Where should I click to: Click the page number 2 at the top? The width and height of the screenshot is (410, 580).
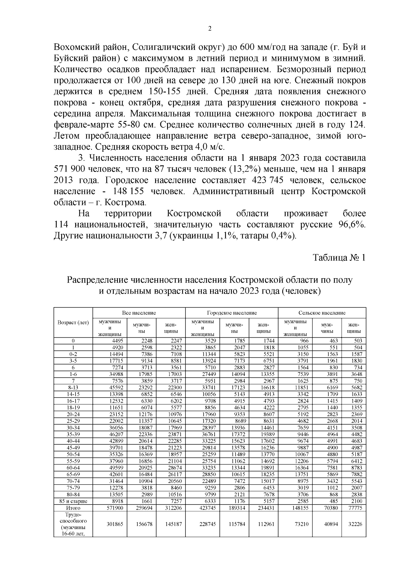click(x=210, y=29)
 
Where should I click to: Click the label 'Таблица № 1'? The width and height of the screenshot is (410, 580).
click(x=339, y=257)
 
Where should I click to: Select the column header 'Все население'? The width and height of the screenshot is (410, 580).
click(x=139, y=313)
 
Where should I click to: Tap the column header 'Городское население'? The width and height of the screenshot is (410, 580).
click(x=232, y=313)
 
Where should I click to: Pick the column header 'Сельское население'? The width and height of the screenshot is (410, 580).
click(x=322, y=313)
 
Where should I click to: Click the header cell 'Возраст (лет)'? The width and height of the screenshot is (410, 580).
click(x=73, y=322)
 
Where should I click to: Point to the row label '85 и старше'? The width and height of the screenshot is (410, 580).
click(x=73, y=501)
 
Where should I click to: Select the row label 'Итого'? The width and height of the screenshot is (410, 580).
click(x=73, y=508)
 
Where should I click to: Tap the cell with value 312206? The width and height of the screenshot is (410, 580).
click(x=174, y=508)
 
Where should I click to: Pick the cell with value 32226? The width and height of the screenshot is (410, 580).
click(x=355, y=524)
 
